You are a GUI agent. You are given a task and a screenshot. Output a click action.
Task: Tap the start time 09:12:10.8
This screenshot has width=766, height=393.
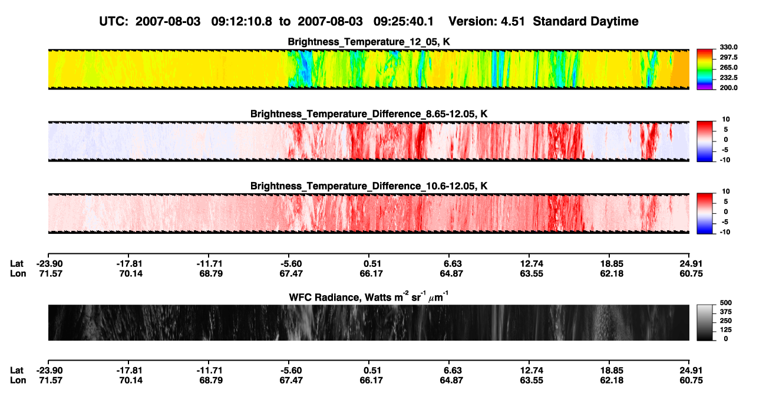242,21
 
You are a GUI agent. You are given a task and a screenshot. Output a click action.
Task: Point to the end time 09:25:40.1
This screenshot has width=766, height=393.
404,21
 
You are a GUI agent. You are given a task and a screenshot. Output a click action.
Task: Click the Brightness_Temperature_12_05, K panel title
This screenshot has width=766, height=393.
369,42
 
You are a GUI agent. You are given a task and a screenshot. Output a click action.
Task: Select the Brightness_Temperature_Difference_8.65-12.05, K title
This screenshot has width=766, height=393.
369,114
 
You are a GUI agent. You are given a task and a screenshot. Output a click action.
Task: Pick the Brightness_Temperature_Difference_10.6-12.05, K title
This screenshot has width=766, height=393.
369,186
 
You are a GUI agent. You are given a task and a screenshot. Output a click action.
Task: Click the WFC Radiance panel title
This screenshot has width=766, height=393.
369,297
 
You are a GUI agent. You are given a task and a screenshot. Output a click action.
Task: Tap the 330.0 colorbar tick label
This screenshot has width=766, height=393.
728,47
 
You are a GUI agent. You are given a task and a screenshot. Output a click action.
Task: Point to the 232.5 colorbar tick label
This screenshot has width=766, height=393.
728,78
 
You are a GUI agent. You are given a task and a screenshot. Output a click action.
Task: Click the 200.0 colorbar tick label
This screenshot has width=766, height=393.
728,88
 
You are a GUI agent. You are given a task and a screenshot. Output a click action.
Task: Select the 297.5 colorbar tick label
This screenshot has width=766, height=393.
728,57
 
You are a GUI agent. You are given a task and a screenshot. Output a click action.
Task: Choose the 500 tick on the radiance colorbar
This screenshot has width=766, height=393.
726,303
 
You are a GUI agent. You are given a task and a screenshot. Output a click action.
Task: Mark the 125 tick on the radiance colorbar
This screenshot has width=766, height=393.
726,330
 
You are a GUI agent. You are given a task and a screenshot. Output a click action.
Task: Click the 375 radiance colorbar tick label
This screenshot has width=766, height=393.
726,312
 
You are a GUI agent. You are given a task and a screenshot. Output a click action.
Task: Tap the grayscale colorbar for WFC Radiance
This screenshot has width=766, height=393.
705,322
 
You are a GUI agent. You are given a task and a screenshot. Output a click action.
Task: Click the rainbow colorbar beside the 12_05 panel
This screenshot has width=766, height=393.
705,70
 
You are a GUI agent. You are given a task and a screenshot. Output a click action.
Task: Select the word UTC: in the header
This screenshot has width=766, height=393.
114,21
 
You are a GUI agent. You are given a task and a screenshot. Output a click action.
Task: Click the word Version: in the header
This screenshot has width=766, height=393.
472,21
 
